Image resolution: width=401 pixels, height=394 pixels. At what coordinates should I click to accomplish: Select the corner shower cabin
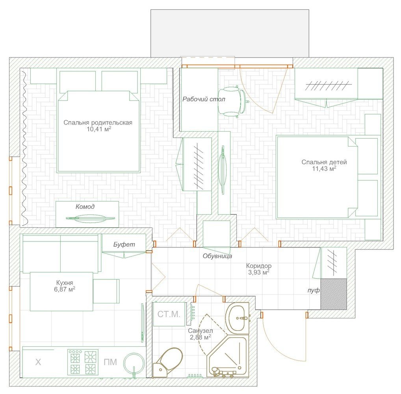pyautogui.click(x=227, y=356)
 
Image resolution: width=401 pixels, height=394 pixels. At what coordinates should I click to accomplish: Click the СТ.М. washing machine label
pyautogui.click(x=169, y=314)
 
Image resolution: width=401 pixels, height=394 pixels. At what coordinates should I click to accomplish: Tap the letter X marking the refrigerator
pyautogui.click(x=38, y=362)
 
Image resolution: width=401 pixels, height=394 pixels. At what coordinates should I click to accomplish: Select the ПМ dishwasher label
pyautogui.click(x=110, y=362)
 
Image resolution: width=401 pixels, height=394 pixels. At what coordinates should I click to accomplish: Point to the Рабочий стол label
pyautogui.click(x=204, y=99)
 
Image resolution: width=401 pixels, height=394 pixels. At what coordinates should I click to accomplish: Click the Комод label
pyautogui.click(x=85, y=206)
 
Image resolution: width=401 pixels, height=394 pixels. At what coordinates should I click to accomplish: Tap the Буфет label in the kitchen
pyautogui.click(x=124, y=244)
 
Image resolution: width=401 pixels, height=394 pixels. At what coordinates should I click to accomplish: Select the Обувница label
pyautogui.click(x=217, y=256)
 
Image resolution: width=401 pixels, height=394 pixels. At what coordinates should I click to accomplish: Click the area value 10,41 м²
pyautogui.click(x=99, y=129)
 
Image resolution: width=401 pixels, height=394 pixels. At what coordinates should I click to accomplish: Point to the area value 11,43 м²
pyautogui.click(x=324, y=168)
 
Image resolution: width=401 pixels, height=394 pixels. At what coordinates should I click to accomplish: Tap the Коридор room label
pyautogui.click(x=259, y=266)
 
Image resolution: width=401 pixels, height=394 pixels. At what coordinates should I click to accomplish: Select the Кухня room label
pyautogui.click(x=65, y=283)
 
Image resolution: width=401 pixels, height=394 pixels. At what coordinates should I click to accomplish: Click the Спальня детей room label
pyautogui.click(x=324, y=162)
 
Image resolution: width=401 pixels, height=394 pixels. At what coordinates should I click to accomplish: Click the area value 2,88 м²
pyautogui.click(x=200, y=337)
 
